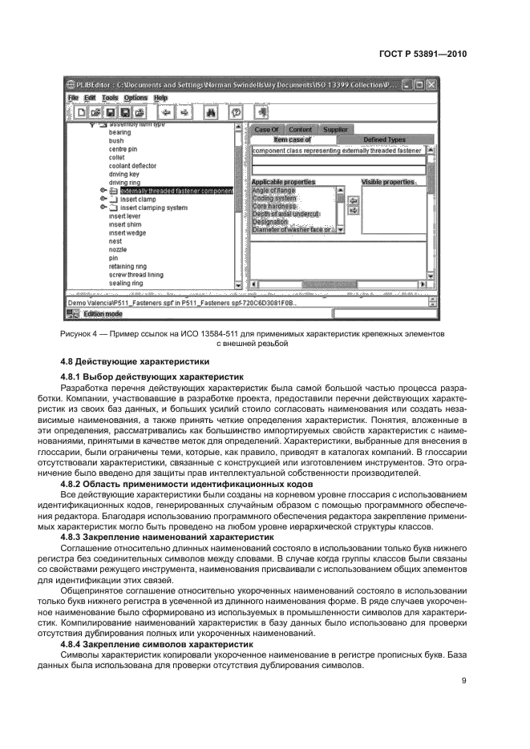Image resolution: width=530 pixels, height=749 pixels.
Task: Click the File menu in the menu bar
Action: [73, 98]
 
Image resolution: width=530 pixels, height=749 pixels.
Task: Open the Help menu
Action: [160, 98]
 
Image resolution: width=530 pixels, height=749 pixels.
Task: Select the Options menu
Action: [136, 98]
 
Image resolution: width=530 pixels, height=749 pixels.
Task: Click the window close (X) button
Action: [431, 83]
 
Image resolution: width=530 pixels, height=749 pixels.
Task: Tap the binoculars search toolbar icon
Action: [212, 113]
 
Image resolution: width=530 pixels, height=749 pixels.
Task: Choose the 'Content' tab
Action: [300, 129]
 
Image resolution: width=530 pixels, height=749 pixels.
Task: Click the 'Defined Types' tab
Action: [384, 139]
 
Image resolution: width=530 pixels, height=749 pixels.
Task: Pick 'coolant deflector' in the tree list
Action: [132, 166]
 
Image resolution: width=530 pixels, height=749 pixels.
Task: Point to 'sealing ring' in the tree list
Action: [126, 283]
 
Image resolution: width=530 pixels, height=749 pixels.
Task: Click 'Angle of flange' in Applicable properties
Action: [273, 191]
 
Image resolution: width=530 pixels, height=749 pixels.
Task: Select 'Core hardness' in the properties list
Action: [275, 206]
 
